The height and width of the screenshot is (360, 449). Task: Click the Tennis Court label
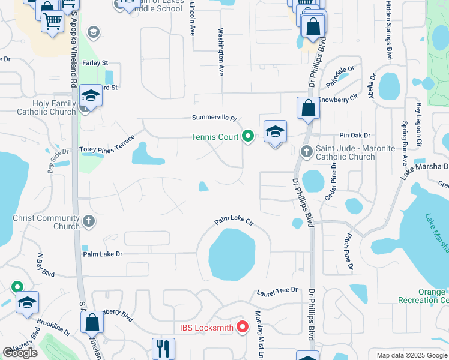[215, 137]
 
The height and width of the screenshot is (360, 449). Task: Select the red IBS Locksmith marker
[243, 327]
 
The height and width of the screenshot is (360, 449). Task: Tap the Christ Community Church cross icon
[89, 221]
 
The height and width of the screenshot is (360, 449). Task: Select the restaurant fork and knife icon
[162, 347]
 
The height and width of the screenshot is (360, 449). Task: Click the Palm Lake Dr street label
[103, 254]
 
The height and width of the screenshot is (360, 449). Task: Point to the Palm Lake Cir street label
[235, 223]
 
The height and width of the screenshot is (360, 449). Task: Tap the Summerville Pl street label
[215, 118]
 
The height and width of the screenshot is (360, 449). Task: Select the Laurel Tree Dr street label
[277, 292]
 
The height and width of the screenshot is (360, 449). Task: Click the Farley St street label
[95, 62]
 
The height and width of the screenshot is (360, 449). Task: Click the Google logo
[20, 353]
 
